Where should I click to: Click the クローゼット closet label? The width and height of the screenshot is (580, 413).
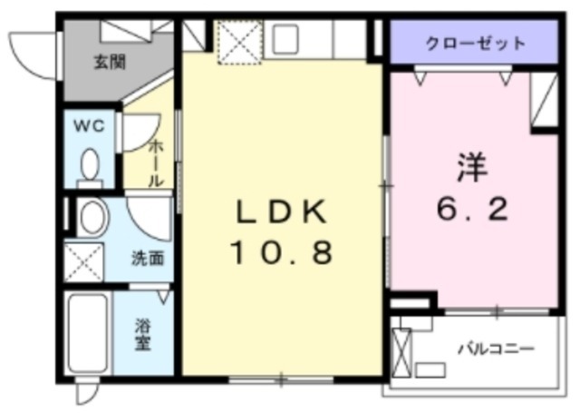click(474, 43)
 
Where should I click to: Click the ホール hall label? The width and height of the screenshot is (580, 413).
click(155, 162)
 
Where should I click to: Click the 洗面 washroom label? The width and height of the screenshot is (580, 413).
click(148, 257)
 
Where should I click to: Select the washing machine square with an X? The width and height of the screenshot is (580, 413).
click(85, 261)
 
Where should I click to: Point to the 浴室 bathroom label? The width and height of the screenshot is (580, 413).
click(143, 334)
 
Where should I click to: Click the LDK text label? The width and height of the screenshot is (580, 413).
click(280, 211)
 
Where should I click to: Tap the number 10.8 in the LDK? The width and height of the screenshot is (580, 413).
click(280, 251)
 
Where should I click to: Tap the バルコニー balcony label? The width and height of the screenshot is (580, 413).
click(495, 348)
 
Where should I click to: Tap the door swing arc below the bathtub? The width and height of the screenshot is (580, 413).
click(87, 392)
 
